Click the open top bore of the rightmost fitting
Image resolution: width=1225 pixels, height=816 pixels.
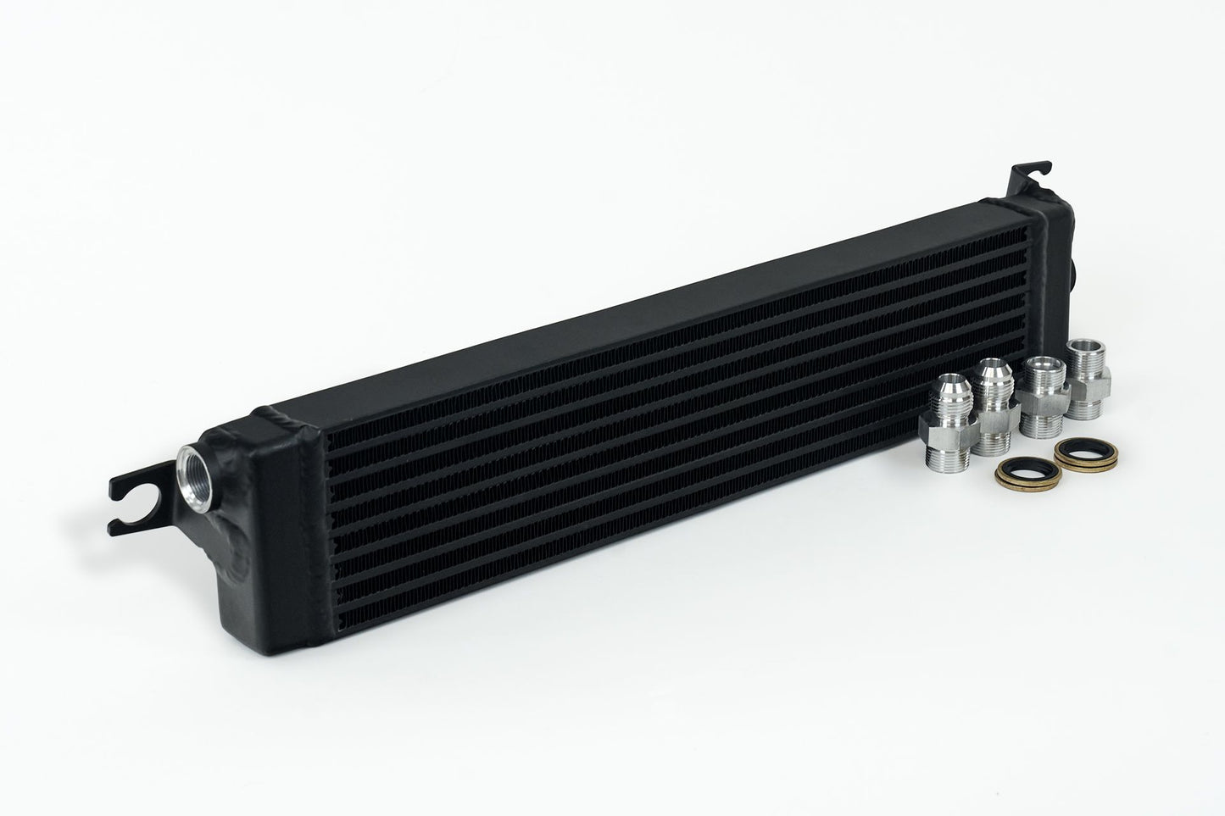pos(1083,347)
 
